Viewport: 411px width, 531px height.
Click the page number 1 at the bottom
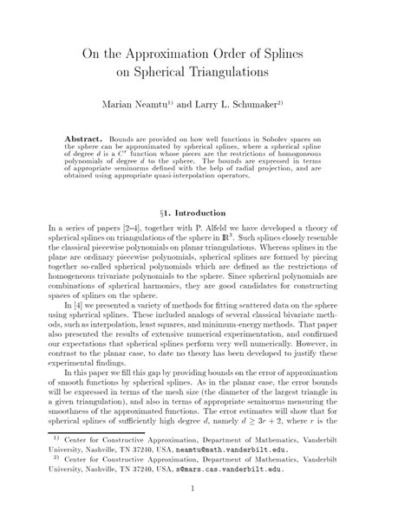pyautogui.click(x=205, y=516)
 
